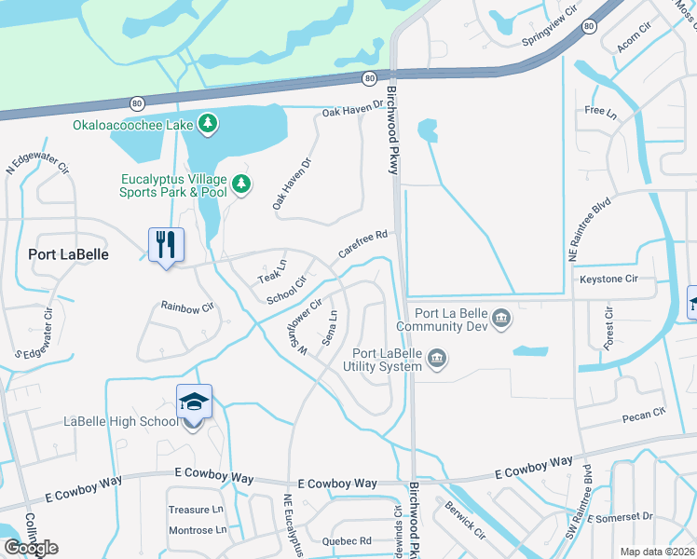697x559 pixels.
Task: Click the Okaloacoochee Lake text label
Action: [132, 123]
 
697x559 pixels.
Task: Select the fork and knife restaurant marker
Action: [166, 246]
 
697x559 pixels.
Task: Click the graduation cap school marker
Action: [194, 402]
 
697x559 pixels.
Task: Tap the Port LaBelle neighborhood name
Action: [68, 254]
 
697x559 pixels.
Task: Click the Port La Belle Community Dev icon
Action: [501, 319]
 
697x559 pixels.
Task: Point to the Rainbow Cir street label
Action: [187, 307]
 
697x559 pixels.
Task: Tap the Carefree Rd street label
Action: [362, 245]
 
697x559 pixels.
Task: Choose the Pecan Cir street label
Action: [647, 411]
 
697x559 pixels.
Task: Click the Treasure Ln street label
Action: [196, 510]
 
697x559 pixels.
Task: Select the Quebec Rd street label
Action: [347, 539]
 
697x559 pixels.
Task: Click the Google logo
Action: [30, 547]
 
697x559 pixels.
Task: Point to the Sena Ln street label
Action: [329, 326]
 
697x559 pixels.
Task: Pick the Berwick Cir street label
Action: [465, 521]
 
